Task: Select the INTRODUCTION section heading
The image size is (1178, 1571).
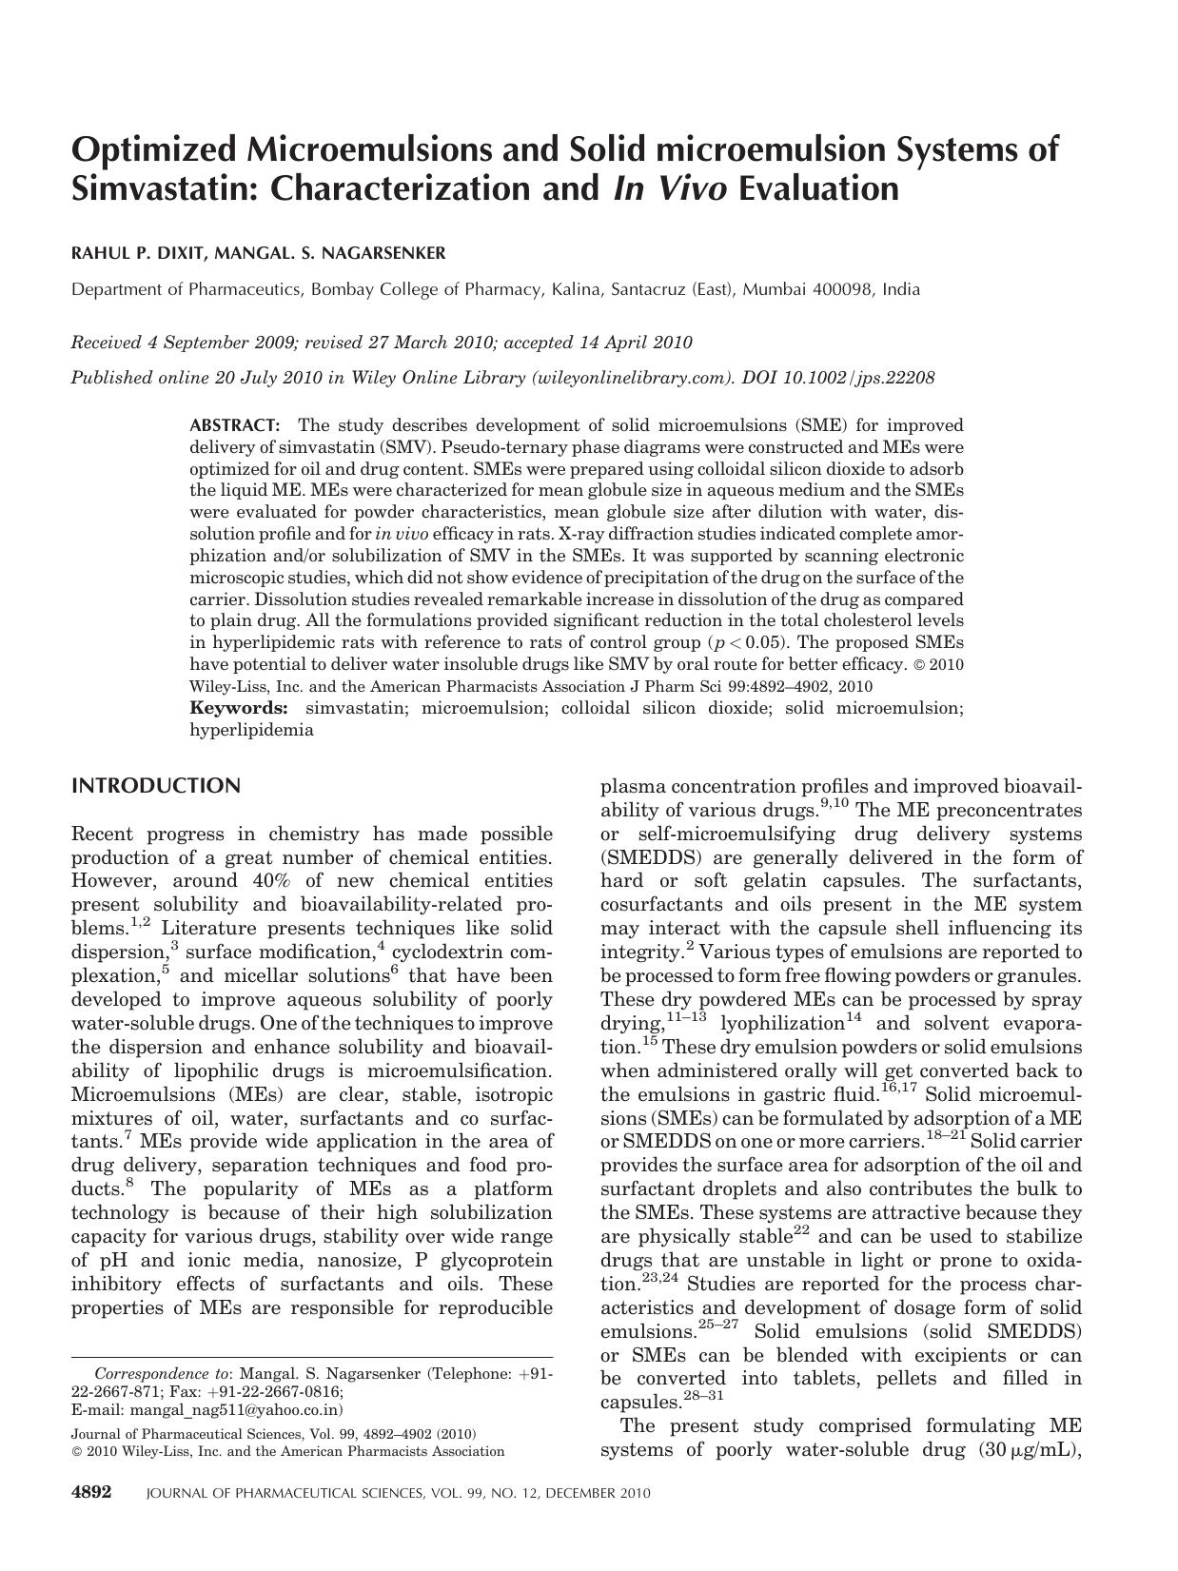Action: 156,786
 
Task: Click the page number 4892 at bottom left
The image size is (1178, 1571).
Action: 93,1492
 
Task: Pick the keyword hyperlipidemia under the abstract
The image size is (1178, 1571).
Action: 251,730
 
